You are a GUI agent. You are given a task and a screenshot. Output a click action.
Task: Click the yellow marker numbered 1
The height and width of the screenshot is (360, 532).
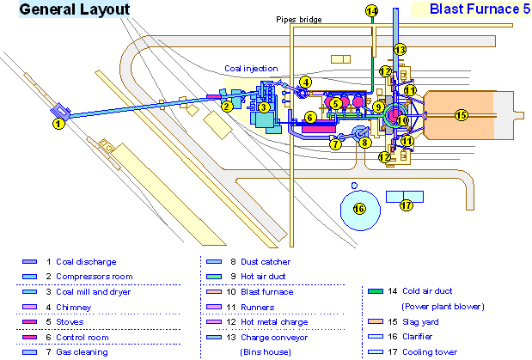coord(58,124)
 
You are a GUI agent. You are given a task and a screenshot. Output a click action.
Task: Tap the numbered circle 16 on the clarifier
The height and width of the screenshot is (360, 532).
coord(360,208)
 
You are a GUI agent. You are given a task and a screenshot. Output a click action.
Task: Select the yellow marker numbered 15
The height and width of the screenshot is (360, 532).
coord(461,114)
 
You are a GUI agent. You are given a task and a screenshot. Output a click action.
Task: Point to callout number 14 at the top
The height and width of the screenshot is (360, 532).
coord(371,11)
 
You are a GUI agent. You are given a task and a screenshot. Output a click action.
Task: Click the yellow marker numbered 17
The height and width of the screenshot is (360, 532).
coord(407,205)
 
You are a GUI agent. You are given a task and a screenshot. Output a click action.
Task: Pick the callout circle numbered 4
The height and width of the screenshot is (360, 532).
coord(305,82)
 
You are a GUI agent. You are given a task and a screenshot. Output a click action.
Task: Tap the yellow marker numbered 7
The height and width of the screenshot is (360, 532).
coord(335,144)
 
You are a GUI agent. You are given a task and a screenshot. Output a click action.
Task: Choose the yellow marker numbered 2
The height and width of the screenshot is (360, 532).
coord(227,107)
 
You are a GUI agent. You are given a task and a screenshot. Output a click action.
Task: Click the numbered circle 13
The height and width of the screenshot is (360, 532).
coord(400,49)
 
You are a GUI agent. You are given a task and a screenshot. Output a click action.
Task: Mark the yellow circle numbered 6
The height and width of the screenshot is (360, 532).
coord(311,118)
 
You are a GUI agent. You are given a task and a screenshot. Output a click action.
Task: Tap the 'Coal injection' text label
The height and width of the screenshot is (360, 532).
coord(251,68)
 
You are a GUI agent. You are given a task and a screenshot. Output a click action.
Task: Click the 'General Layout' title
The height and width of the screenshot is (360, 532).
coord(75,10)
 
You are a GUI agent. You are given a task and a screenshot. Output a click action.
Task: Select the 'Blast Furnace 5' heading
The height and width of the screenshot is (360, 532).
coord(467,10)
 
